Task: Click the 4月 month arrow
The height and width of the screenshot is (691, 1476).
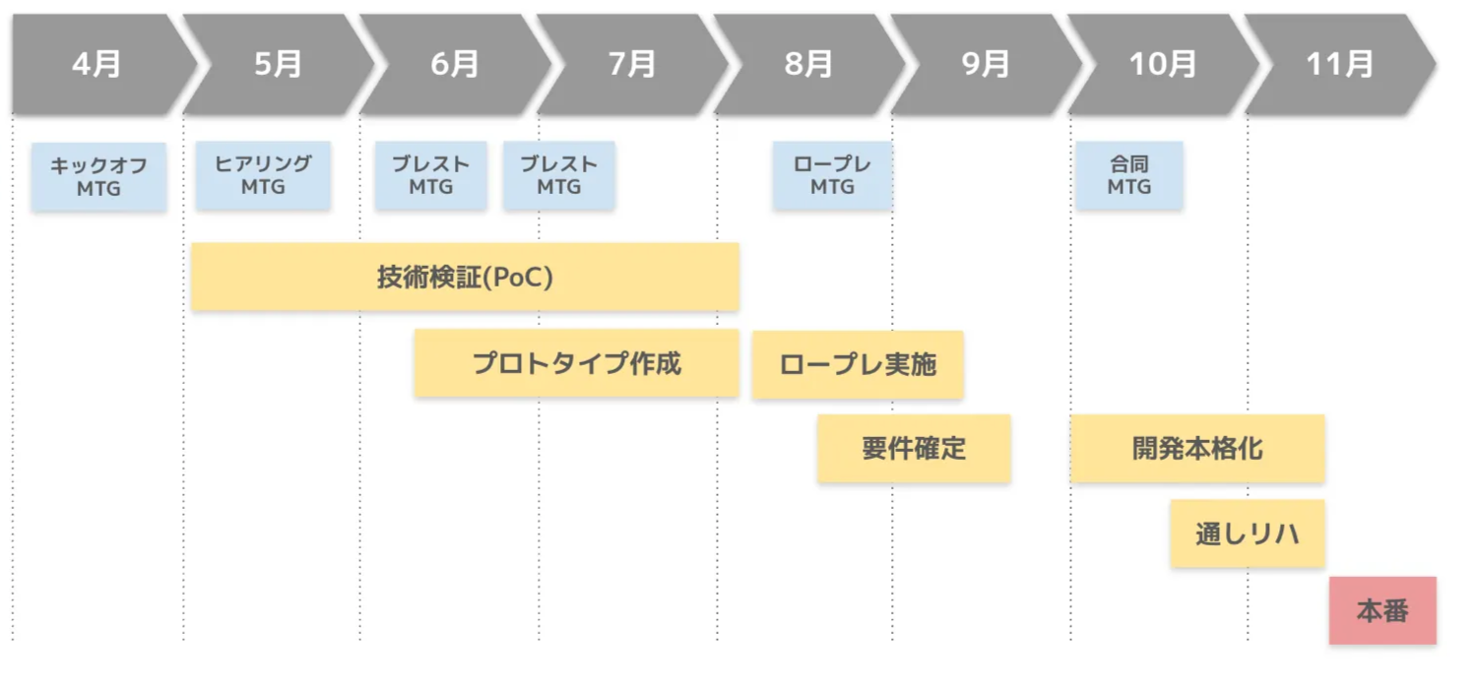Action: point(96,64)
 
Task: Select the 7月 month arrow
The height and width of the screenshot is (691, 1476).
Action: point(632,64)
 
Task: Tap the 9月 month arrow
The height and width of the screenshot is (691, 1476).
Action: point(986,64)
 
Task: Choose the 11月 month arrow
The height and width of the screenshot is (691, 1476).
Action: point(1339,64)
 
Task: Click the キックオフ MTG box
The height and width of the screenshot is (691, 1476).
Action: point(98,176)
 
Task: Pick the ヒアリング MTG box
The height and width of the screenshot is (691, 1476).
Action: point(263,175)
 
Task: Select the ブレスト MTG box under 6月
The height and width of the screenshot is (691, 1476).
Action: point(430,175)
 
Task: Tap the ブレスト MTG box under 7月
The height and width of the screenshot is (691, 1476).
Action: point(558,175)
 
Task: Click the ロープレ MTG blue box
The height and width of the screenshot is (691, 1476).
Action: point(832,175)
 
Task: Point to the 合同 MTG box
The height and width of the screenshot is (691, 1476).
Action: point(1128,175)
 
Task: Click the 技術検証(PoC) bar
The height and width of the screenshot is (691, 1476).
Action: point(465,278)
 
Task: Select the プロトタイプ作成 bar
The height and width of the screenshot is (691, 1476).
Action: point(576,364)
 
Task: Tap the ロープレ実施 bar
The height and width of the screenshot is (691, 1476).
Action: point(857,365)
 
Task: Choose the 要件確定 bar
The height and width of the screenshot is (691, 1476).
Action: point(914,449)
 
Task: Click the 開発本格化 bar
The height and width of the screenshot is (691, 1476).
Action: point(1197,449)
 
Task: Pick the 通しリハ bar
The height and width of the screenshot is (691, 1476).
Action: point(1247,534)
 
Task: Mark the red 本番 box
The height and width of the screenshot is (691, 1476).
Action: point(1382,610)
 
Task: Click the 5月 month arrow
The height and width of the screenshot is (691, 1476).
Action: point(278,64)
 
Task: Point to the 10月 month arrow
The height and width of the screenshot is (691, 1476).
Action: point(1162,64)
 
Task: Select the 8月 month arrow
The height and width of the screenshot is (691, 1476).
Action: point(808,64)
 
